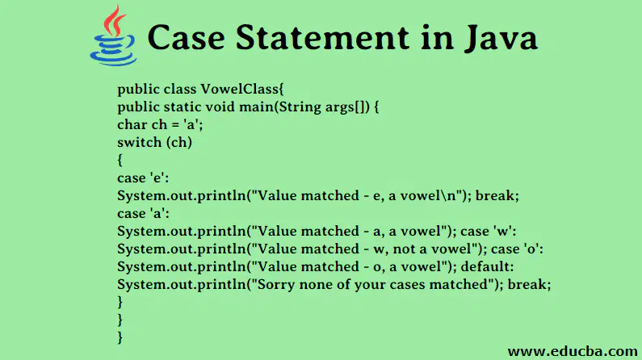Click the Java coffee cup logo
[113, 36]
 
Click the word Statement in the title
[322, 38]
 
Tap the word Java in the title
[501, 39]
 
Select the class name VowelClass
[242, 89]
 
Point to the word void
[220, 107]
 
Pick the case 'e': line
[143, 178]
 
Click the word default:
[487, 266]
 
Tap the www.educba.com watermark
[573, 351]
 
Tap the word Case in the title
[187, 38]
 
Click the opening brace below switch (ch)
[120, 160]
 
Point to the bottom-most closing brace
[120, 337]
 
